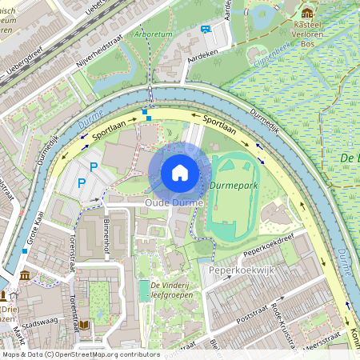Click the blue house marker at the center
click(x=180, y=172)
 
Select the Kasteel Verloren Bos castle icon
click(x=307, y=13)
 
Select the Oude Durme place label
click(x=174, y=204)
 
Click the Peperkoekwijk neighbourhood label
click(x=242, y=270)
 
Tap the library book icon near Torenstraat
click(x=84, y=325)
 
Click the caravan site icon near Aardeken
click(x=206, y=30)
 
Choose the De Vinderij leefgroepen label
click(x=172, y=290)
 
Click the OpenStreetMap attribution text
click(x=70, y=354)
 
